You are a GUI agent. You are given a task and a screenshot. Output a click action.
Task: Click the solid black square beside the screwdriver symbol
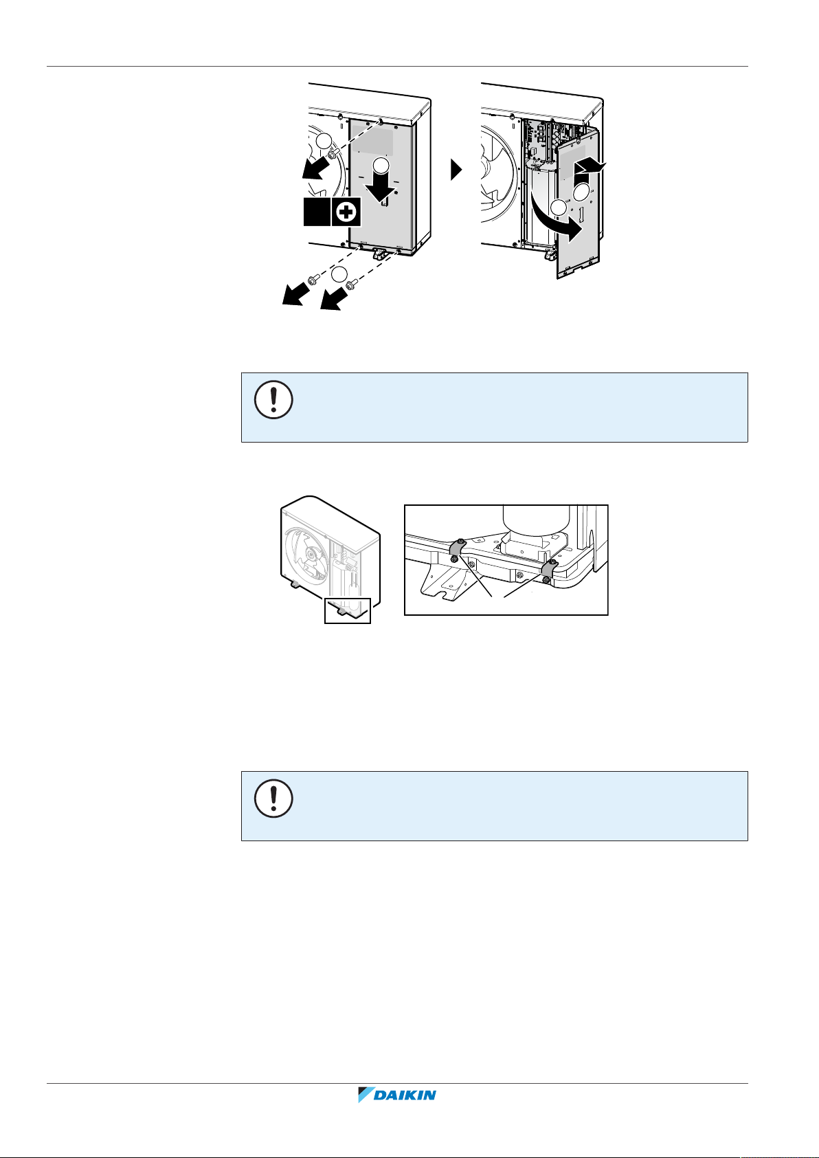[317, 212]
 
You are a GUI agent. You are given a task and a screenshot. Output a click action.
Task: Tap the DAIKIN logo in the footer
[397, 1095]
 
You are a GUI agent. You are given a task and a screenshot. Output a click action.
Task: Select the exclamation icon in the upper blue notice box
[274, 399]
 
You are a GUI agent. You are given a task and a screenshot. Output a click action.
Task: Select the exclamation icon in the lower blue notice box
[274, 798]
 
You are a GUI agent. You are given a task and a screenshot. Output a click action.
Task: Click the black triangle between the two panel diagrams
[456, 170]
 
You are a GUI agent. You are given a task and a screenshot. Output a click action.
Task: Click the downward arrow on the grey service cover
[381, 187]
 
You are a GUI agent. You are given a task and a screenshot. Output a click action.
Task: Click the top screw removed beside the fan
[333, 153]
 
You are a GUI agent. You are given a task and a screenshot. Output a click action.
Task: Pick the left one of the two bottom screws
[312, 280]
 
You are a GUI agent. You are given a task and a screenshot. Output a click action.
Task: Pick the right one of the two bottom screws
[352, 283]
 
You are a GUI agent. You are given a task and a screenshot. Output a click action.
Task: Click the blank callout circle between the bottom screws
[339, 274]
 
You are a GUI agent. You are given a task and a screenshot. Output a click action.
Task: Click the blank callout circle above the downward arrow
[381, 165]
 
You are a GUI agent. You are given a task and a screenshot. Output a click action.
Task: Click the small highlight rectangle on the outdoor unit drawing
[347, 610]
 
